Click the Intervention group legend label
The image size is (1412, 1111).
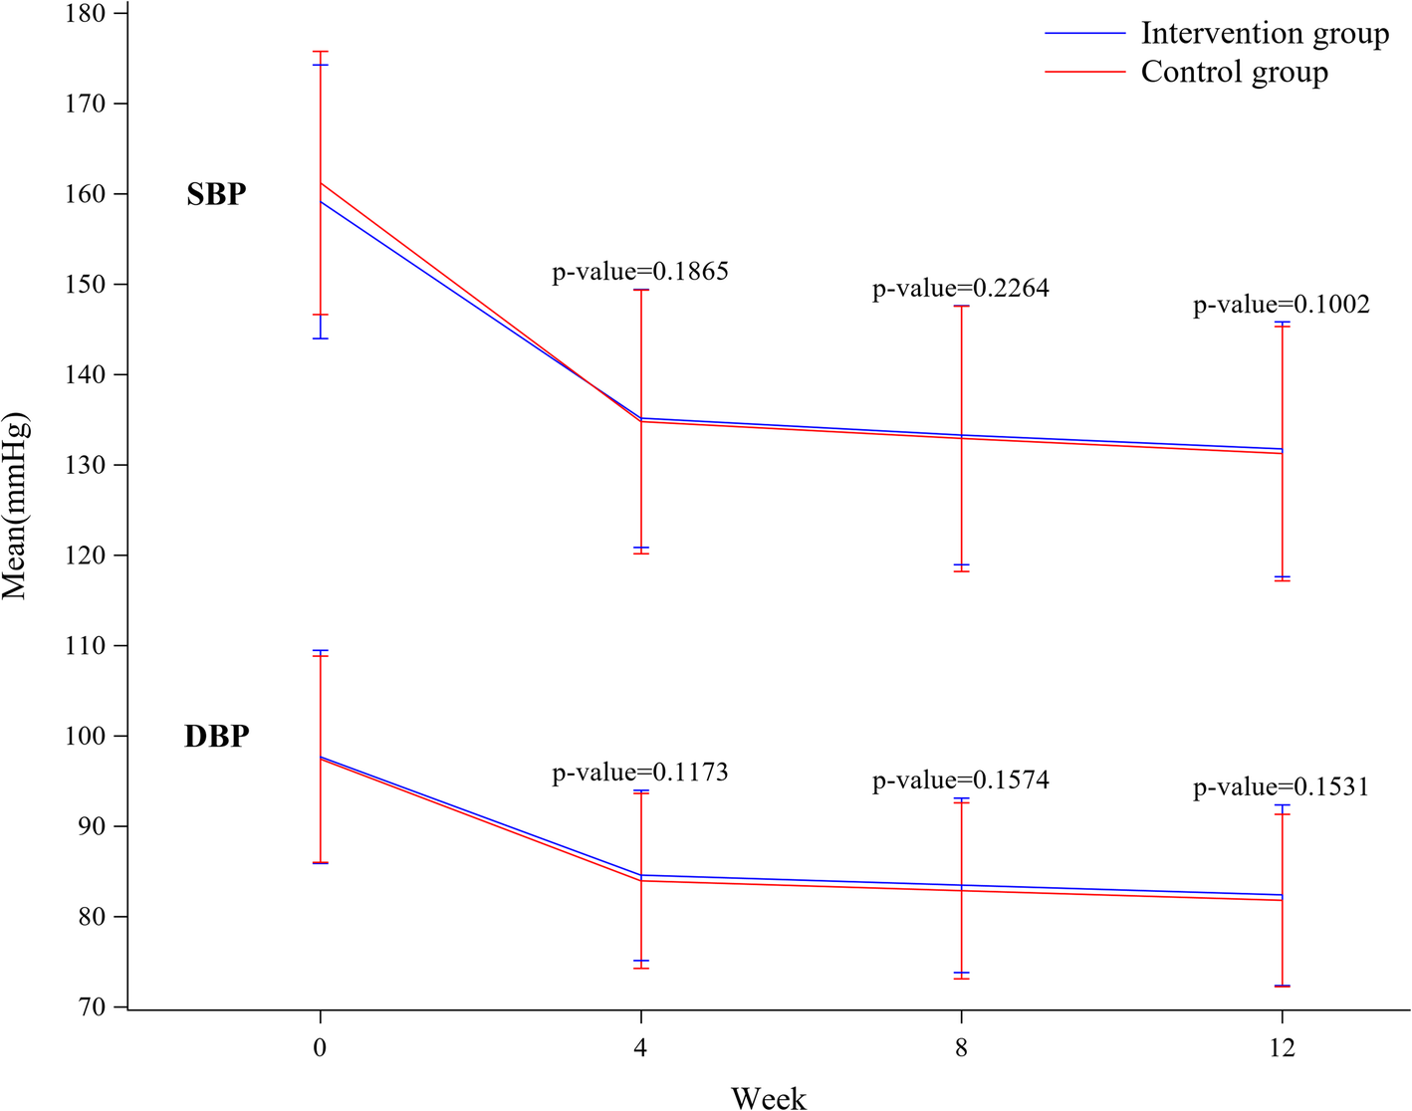click(x=1265, y=34)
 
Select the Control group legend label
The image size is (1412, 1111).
click(x=1234, y=73)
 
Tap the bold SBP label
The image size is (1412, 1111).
click(x=216, y=194)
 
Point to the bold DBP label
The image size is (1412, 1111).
click(x=216, y=737)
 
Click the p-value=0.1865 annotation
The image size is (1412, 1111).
click(x=640, y=271)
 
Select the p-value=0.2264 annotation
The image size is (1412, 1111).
click(x=961, y=288)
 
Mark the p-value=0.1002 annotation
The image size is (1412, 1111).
click(x=1282, y=305)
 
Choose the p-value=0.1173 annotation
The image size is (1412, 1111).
click(x=640, y=772)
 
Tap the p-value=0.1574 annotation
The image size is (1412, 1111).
click(x=961, y=779)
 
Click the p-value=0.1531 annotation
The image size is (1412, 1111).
click(x=1282, y=787)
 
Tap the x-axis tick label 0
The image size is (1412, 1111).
click(x=320, y=1047)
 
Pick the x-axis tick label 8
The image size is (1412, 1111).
click(x=961, y=1047)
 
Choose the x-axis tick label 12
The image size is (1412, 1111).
click(x=1282, y=1047)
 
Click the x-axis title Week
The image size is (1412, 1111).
click(x=769, y=1097)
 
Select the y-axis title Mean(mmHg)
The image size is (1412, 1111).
click(x=16, y=506)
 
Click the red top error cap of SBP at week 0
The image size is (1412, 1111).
click(x=320, y=51)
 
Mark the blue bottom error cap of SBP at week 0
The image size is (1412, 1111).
click(x=320, y=338)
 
